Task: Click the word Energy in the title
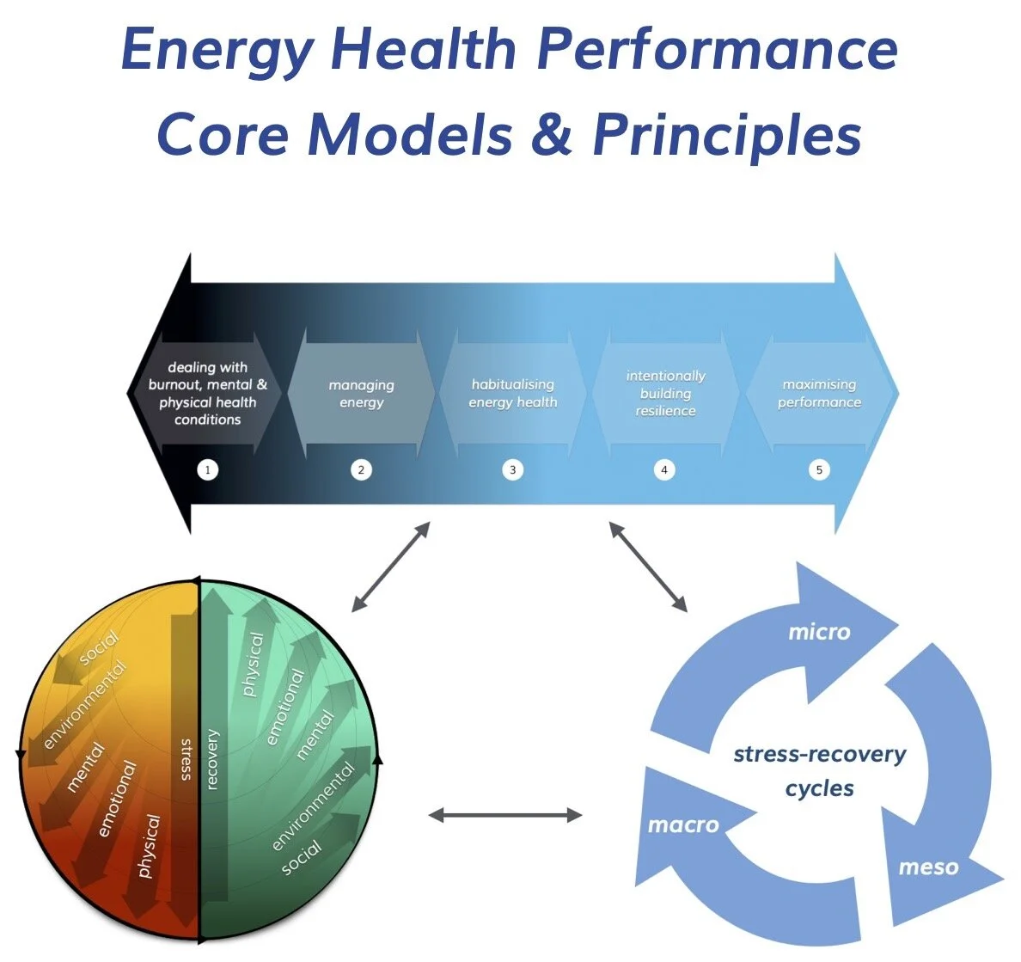(218, 50)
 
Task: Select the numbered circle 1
(207, 469)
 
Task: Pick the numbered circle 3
(513, 469)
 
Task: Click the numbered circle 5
(819, 469)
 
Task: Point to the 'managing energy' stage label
(361, 394)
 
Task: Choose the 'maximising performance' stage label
(819, 393)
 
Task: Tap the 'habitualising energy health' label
(513, 393)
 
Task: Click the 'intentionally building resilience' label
(665, 393)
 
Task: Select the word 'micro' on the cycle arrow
(819, 632)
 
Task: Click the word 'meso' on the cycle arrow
(927, 867)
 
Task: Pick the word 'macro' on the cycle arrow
(682, 824)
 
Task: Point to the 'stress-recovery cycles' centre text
(819, 771)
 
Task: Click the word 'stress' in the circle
(186, 759)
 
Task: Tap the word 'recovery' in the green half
(212, 759)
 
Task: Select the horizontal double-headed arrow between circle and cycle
(505, 815)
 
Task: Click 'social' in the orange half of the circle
(99, 646)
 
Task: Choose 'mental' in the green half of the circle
(315, 735)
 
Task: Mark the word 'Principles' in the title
(726, 134)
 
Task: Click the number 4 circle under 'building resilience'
(664, 469)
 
